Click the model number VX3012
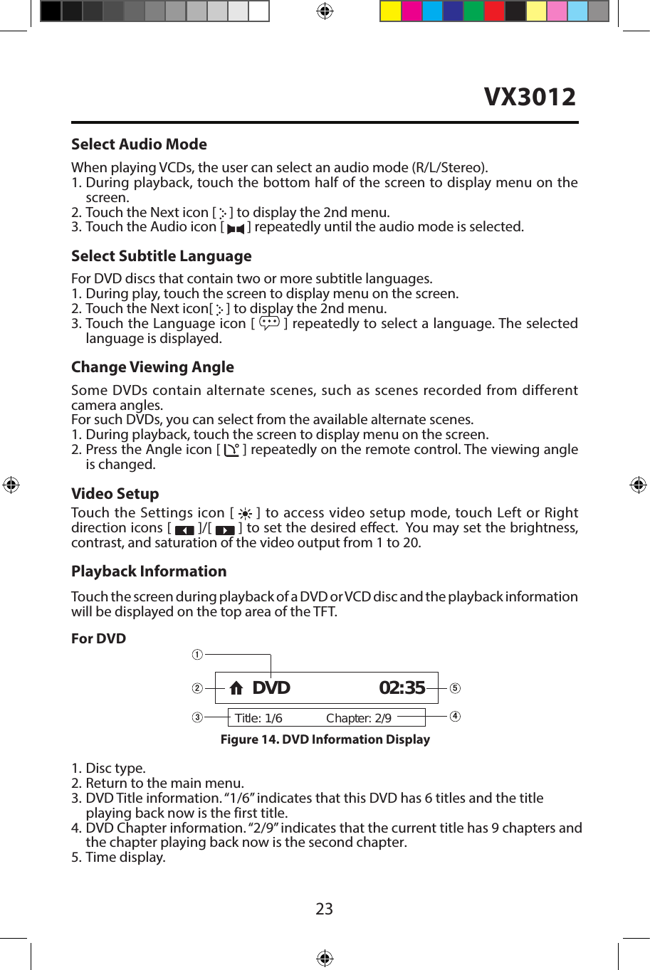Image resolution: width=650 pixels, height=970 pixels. pyautogui.click(x=530, y=97)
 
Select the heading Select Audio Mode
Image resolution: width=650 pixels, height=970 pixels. pyautogui.click(x=139, y=144)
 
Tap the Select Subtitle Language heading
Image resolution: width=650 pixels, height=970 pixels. pyautogui.click(x=161, y=256)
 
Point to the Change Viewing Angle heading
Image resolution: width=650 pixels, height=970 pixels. pyautogui.click(x=152, y=367)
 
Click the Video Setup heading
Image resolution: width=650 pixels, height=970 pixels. pyautogui.click(x=115, y=494)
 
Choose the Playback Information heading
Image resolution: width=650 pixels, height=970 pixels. pyautogui.click(x=149, y=571)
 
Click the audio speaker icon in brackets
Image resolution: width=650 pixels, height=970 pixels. pyautogui.click(x=236, y=228)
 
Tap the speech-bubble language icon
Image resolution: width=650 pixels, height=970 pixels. pyautogui.click(x=269, y=323)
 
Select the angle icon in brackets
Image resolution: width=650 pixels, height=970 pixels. pyautogui.click(x=231, y=450)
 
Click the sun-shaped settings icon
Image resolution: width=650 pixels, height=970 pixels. pyautogui.click(x=245, y=514)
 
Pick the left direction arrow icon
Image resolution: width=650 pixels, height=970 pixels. pyautogui.click(x=184, y=529)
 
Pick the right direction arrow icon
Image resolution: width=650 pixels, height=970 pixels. pyautogui.click(x=225, y=529)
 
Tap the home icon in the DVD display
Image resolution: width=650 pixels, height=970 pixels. pyautogui.click(x=236, y=688)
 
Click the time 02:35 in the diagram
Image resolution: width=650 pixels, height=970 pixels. pyautogui.click(x=402, y=688)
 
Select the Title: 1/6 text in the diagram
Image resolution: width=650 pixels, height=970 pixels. pyautogui.click(x=258, y=718)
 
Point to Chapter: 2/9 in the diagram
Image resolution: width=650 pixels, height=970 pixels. pyautogui.click(x=358, y=718)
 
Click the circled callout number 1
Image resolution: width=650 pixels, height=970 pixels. pyautogui.click(x=197, y=655)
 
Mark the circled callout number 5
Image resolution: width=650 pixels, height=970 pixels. pyautogui.click(x=455, y=688)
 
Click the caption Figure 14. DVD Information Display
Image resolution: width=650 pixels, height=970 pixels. pyautogui.click(x=325, y=739)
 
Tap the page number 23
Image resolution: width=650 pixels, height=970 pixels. pyautogui.click(x=324, y=909)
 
